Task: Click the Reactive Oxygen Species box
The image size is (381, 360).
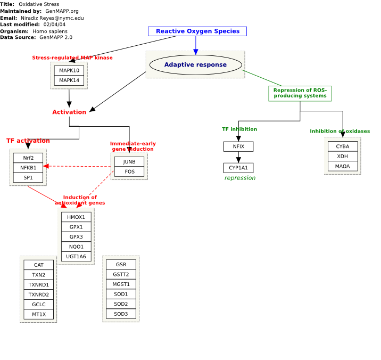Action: (x=197, y=31)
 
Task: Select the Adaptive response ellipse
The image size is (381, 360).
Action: (x=196, y=64)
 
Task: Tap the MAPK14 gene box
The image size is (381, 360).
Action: (x=69, y=80)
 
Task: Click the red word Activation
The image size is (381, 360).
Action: (x=69, y=112)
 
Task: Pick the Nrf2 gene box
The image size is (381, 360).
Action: (x=28, y=158)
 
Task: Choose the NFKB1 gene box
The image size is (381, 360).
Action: (x=28, y=168)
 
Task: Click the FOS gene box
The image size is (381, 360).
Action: (x=129, y=171)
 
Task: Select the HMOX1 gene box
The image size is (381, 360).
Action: (x=76, y=217)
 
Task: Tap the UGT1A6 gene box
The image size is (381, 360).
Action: (x=76, y=257)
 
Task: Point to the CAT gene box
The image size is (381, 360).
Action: (x=39, y=265)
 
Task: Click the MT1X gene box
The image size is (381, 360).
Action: (x=39, y=315)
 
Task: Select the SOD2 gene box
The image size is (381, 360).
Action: (x=121, y=304)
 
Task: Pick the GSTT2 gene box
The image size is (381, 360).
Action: (x=121, y=275)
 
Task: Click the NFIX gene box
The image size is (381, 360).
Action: (x=238, y=146)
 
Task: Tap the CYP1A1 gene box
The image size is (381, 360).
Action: (x=238, y=168)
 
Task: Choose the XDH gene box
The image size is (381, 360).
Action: (x=343, y=157)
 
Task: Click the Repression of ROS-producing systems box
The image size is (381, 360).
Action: (x=300, y=93)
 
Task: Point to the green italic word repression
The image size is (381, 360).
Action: (x=240, y=178)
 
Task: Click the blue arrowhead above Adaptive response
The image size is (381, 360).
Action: (x=196, y=52)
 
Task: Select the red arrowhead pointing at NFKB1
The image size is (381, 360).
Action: (x=46, y=166)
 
